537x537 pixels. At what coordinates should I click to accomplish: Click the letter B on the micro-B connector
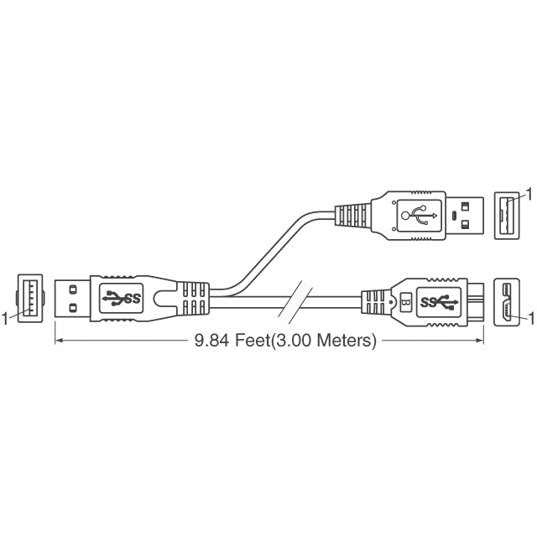coord(405,302)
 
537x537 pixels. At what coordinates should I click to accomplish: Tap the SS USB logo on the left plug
coord(122,299)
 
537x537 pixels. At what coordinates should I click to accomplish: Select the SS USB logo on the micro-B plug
coord(439,302)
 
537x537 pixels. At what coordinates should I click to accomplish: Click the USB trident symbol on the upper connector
coord(420,215)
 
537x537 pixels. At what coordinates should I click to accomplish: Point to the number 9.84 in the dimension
coord(211,341)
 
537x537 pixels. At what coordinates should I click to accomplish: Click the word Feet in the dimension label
coord(253,341)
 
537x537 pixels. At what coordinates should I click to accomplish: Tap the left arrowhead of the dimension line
coord(59,341)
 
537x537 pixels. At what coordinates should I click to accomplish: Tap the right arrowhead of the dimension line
coord(479,341)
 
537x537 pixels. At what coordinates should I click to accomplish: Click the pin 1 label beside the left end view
coord(5,319)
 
